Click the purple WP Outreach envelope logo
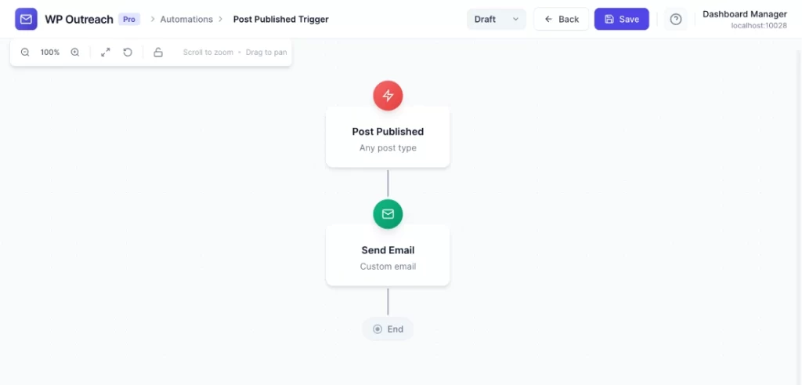pos(26,19)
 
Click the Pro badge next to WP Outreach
pos(129,19)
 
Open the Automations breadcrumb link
pos(186,19)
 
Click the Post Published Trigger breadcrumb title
pos(281,19)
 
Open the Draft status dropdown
pos(496,19)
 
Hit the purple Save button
pos(621,19)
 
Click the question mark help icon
pos(676,19)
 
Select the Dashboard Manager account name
pos(745,14)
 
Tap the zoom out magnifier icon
pos(25,53)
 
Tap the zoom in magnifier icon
pos(75,53)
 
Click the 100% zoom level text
pos(50,53)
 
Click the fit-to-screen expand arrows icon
pos(106,53)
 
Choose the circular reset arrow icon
pos(128,53)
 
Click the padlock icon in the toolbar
pos(158,53)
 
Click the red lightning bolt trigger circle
pos(388,95)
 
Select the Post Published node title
pos(388,132)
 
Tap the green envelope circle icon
pos(388,214)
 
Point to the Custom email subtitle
pos(388,267)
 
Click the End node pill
pos(388,329)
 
